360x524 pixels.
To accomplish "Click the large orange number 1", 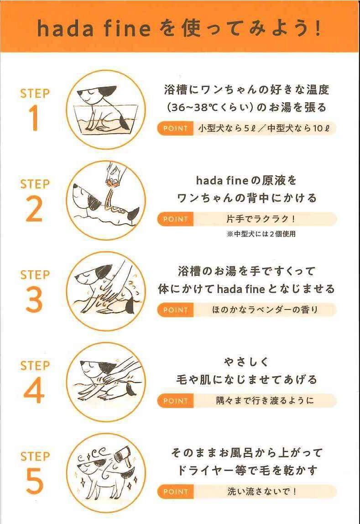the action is [x=34, y=118].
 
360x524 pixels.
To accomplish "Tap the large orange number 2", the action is [x=34, y=209].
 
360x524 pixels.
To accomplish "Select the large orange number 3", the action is [x=34, y=300].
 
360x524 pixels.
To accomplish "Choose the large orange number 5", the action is [x=34, y=481].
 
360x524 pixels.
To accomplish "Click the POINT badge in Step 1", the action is [x=175, y=128].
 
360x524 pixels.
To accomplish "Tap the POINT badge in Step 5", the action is [x=175, y=492].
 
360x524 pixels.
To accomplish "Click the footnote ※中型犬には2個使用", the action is [x=261, y=234].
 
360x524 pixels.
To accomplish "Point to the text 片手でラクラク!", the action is [x=261, y=219].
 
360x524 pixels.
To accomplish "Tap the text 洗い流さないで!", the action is [x=262, y=492].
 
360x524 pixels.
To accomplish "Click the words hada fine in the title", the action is [x=94, y=28].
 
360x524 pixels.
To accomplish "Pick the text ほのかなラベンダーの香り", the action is [x=265, y=310].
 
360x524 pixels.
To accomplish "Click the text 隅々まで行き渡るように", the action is [x=265, y=400].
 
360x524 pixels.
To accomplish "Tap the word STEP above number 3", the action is [x=35, y=275].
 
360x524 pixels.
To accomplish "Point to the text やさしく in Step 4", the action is [x=246, y=362].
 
